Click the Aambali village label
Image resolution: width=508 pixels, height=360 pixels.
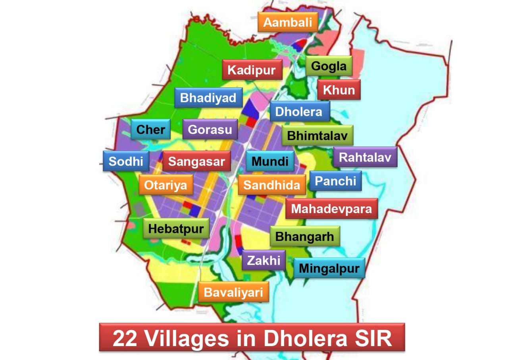point(288,22)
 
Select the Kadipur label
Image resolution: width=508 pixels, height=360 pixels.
point(252,70)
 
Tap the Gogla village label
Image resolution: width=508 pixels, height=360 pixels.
point(329,66)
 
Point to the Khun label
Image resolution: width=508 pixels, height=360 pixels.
point(339,90)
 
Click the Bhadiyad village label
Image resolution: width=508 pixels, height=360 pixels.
point(208,98)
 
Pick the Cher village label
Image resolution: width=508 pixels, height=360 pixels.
point(150,129)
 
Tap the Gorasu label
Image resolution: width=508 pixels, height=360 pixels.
point(210,129)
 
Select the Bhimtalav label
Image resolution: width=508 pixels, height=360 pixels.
point(317,136)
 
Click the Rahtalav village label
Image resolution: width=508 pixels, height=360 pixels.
point(365,157)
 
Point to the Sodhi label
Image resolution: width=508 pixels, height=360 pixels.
point(126,161)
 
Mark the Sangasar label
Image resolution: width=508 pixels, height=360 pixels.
point(196,161)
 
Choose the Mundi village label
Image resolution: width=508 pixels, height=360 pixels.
point(270,161)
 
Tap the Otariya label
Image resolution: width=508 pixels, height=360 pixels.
point(165,185)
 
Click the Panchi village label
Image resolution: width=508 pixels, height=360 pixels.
point(335,181)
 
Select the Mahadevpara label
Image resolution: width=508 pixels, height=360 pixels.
point(331,209)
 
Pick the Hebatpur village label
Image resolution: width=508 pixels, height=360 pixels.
point(176,229)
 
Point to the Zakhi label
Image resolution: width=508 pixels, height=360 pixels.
point(264,260)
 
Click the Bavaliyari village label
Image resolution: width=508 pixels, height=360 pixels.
point(233,293)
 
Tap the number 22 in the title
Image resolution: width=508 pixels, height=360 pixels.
point(125,338)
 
